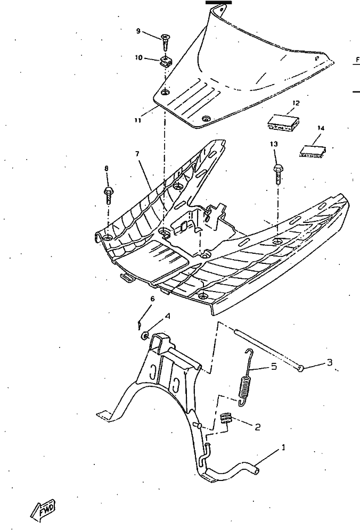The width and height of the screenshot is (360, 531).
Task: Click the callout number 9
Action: tap(138, 31)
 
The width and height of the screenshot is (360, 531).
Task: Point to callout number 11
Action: tap(137, 121)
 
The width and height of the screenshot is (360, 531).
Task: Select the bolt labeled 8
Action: tap(108, 193)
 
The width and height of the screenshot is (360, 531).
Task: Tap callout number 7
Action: tap(137, 154)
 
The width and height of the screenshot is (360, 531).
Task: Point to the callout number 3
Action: tap(330, 363)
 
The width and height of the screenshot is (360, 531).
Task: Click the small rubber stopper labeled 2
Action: tap(227, 418)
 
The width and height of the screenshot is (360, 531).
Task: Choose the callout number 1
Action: tap(283, 448)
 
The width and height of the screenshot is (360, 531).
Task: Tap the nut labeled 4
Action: tap(144, 335)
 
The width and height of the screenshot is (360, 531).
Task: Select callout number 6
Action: tap(152, 299)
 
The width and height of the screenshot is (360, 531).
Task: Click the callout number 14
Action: tap(321, 128)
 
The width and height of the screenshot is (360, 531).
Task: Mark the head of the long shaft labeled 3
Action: tap(301, 368)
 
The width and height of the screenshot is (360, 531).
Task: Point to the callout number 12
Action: tap(296, 103)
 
